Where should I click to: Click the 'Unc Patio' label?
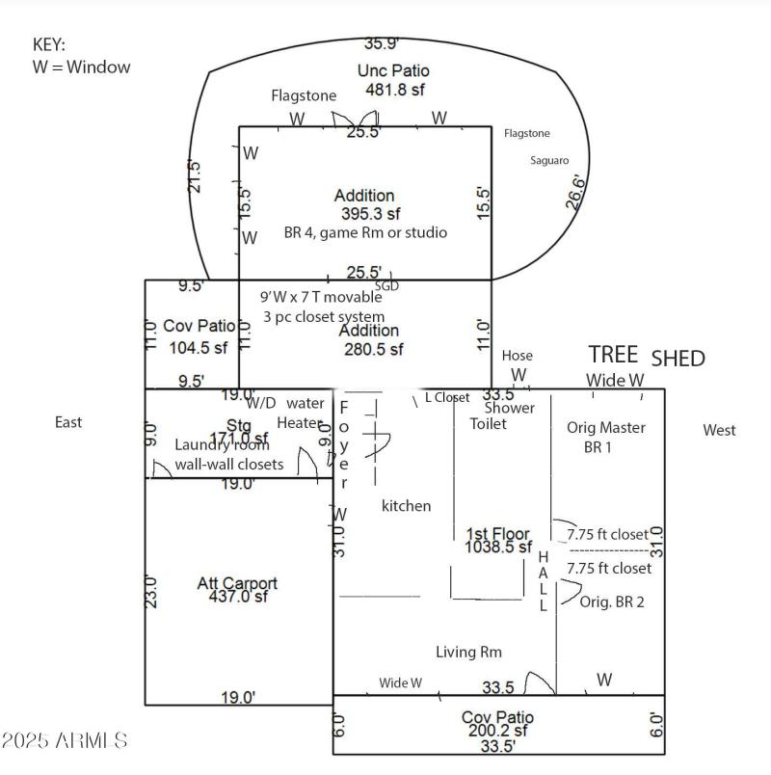tap(393, 70)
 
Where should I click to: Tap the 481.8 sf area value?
tap(394, 90)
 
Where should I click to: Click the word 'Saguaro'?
tap(549, 161)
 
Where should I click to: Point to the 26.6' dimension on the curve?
tap(574, 193)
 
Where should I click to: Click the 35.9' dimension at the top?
tap(382, 43)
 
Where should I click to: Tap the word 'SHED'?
tap(678, 359)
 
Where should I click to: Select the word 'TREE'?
tap(613, 355)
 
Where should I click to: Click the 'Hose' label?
tap(517, 356)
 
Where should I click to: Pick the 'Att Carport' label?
tap(237, 583)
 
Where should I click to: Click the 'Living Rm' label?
tap(468, 653)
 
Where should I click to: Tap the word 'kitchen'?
tap(407, 506)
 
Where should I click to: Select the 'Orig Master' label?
tap(606, 428)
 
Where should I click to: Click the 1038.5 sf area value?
tap(498, 547)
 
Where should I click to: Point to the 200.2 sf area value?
tap(496, 732)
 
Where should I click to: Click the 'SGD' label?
tap(386, 286)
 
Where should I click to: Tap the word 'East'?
tap(68, 422)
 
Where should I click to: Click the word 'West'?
tap(719, 430)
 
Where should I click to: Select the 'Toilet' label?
tap(488, 424)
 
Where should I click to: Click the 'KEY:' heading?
tap(50, 44)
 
